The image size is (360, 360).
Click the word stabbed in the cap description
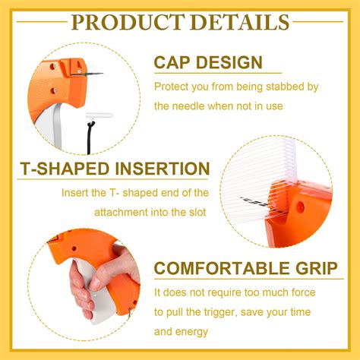click(290, 87)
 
